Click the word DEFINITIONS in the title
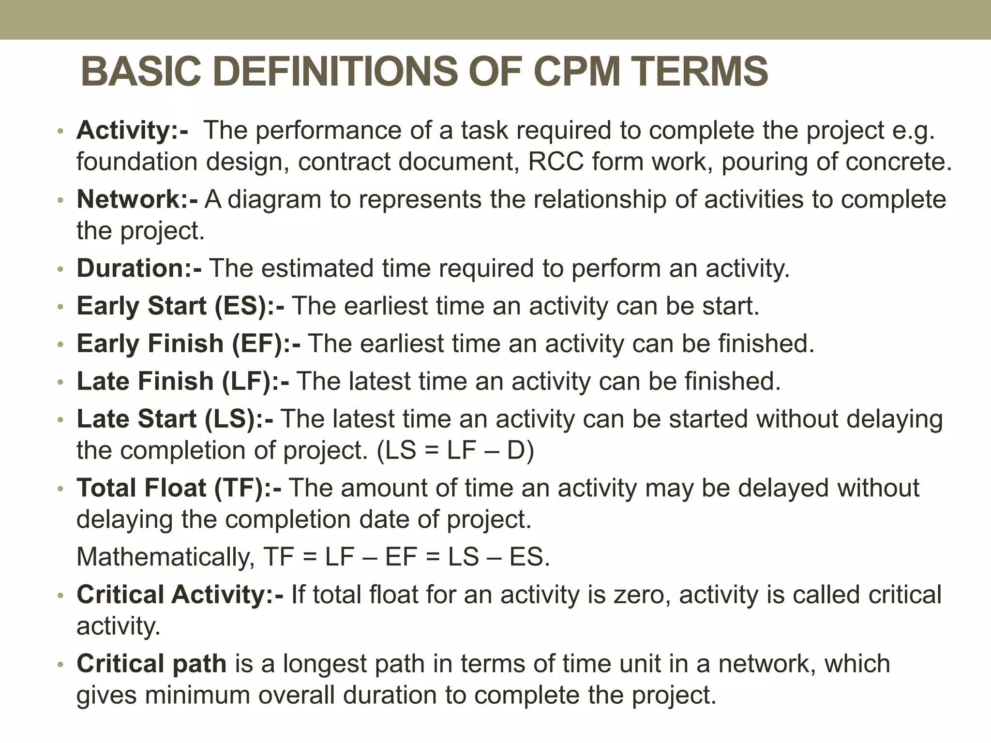tap(334, 72)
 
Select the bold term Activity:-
tap(132, 130)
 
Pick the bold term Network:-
tap(137, 199)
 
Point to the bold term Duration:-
tap(139, 268)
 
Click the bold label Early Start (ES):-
tap(180, 306)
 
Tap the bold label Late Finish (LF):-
tap(182, 381)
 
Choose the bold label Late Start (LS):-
tap(174, 419)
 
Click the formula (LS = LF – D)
tap(455, 451)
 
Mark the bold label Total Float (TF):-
tap(179, 488)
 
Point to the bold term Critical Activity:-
tap(180, 594)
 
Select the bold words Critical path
tap(151, 663)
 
